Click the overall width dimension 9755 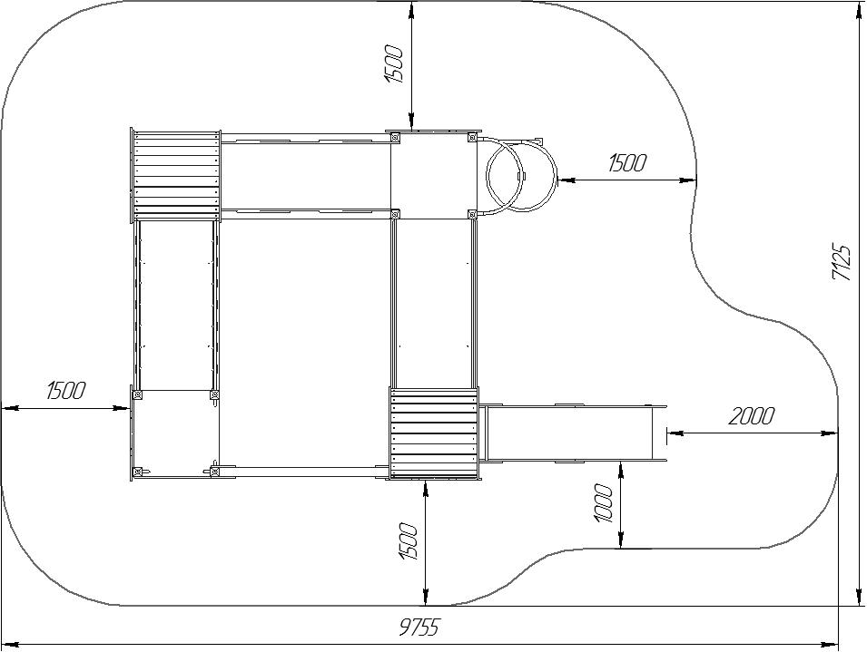[x=419, y=628]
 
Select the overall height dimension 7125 [x=841, y=262]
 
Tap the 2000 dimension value [x=751, y=416]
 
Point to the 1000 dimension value [x=603, y=503]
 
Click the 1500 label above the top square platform [x=394, y=64]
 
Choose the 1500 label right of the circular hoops [x=626, y=163]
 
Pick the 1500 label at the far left [x=65, y=390]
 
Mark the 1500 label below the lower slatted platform [x=408, y=541]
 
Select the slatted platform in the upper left [x=176, y=176]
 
